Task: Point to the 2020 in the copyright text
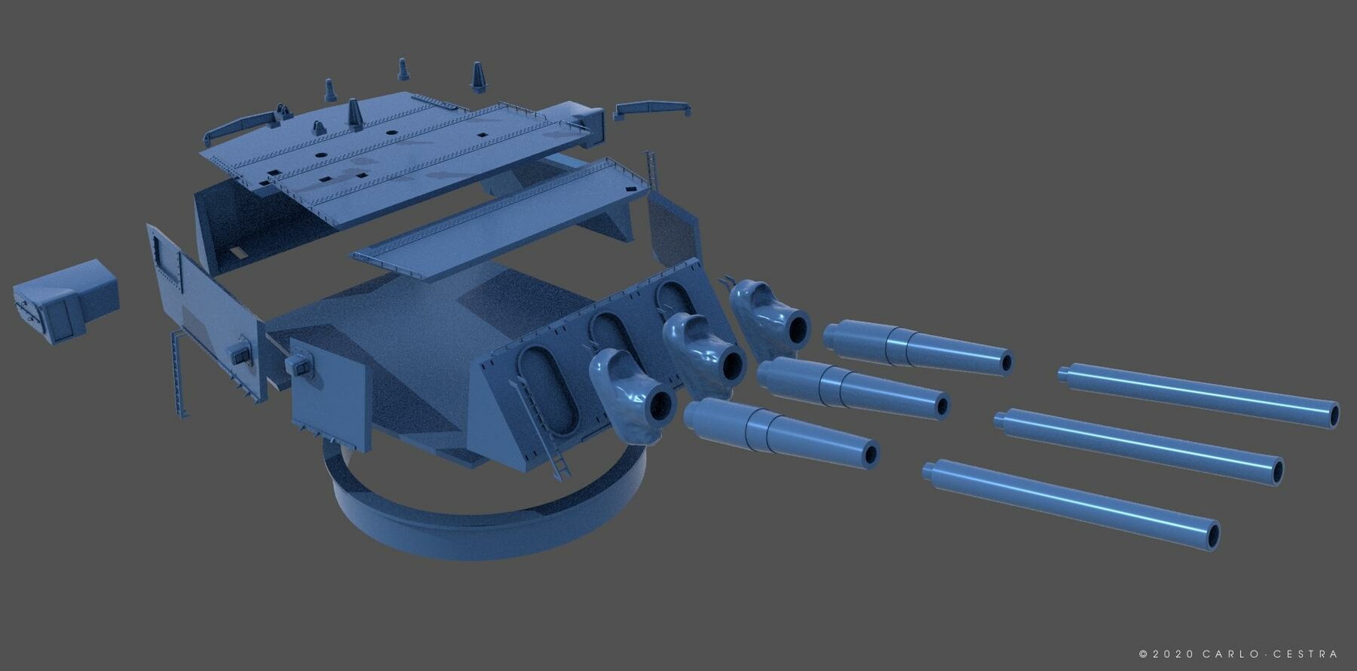click(1173, 654)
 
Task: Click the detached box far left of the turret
click(66, 301)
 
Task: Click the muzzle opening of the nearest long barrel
click(1212, 536)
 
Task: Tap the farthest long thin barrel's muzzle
click(1333, 415)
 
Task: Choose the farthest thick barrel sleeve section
click(916, 347)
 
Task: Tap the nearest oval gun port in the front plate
click(547, 390)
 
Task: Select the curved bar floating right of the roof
click(652, 109)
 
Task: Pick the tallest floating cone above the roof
click(478, 78)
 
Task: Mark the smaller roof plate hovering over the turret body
click(501, 219)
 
